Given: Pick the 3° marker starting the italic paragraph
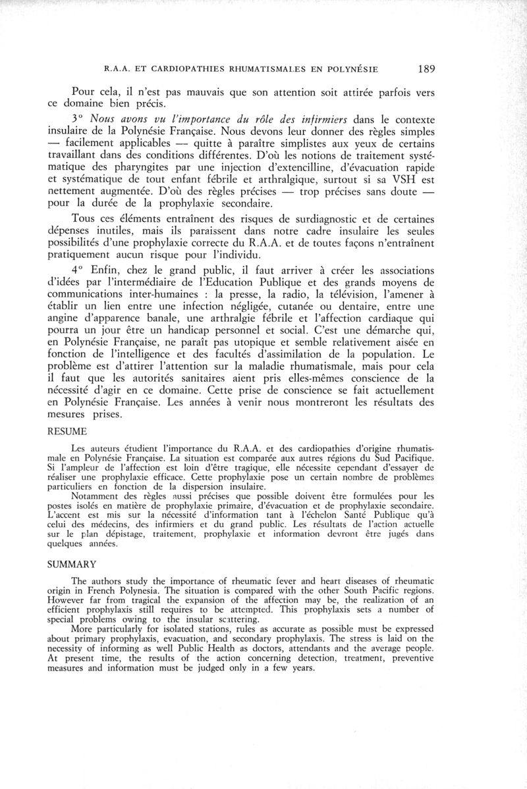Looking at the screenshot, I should (x=78, y=120).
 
